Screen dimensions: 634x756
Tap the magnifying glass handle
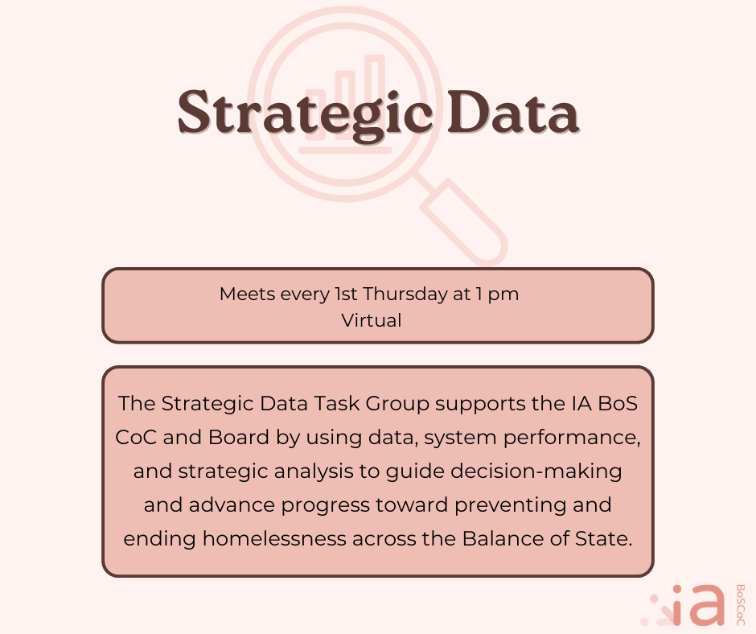point(464,222)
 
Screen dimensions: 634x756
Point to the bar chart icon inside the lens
point(346,105)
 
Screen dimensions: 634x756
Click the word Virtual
point(371,319)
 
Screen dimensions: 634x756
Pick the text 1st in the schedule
point(347,294)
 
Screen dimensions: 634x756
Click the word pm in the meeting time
point(504,294)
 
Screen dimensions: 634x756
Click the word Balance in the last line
point(499,539)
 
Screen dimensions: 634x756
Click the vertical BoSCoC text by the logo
point(739,605)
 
